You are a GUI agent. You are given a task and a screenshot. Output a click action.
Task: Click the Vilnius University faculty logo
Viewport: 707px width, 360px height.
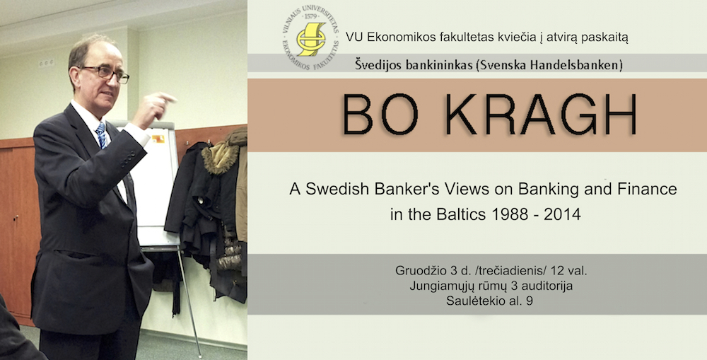point(310,37)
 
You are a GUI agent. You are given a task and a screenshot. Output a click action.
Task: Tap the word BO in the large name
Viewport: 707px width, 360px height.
point(380,114)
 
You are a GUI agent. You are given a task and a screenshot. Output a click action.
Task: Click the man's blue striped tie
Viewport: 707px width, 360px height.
point(101,134)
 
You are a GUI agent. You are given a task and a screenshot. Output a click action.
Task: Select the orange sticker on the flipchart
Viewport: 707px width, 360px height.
point(158,139)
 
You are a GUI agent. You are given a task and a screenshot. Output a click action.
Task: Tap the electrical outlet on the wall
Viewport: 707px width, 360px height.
point(46,63)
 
